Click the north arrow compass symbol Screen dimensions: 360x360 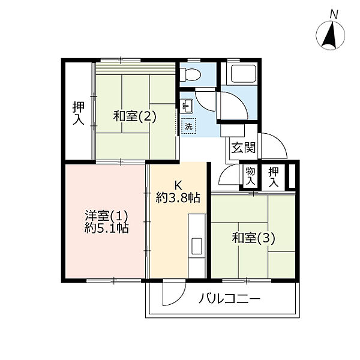331,34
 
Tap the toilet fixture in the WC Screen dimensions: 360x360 190,74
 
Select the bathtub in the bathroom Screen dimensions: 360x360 244,74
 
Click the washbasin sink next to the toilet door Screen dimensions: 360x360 186,106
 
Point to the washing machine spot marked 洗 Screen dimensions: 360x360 189,126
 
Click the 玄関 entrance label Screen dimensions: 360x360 244,148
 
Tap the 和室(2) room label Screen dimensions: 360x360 135,116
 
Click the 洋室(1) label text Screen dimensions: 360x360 106,216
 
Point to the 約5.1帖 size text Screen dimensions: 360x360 106,228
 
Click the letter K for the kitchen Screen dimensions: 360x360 178,185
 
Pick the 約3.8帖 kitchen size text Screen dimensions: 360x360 178,197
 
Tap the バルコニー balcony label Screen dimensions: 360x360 229,299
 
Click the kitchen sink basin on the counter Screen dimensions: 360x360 197,246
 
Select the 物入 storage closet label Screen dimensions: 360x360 250,176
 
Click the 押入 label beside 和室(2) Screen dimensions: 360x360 79,113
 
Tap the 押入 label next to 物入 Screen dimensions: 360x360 274,176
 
